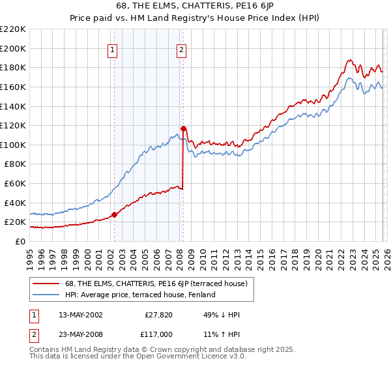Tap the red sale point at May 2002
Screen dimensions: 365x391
tap(114, 214)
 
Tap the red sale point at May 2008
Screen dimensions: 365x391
tap(184, 128)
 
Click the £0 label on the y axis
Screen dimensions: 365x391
tap(20, 241)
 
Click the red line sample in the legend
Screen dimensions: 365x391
tap(46, 284)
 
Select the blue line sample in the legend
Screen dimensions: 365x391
tap(46, 295)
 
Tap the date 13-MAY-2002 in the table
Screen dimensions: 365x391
tap(76, 314)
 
